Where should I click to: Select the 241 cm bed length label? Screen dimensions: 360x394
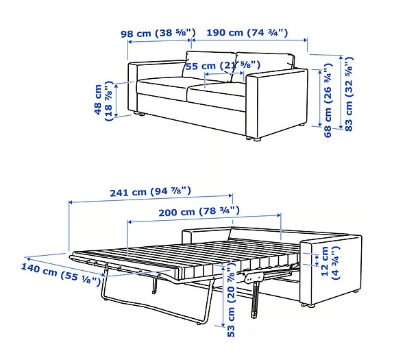tap(151, 192)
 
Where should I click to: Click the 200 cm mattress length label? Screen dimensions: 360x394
tap(203, 211)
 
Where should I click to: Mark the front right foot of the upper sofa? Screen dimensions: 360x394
tap(257, 139)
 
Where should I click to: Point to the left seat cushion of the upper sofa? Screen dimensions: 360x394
tap(164, 88)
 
